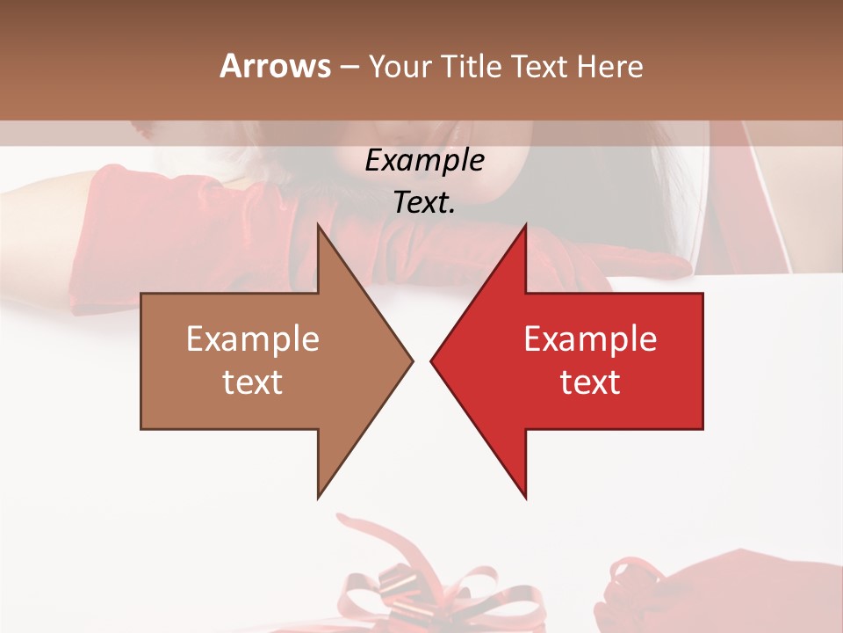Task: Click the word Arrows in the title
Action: pos(276,66)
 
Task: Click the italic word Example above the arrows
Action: pos(424,161)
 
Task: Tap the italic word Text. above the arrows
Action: pos(424,203)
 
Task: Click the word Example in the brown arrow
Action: pos(253,339)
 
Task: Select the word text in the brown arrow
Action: pos(253,382)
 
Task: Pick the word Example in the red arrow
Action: pos(590,339)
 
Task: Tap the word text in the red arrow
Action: pos(590,382)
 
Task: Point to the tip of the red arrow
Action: pos(434,360)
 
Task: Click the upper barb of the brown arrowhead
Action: pos(320,230)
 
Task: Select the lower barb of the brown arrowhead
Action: pos(320,492)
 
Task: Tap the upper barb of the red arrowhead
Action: pos(523,230)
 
